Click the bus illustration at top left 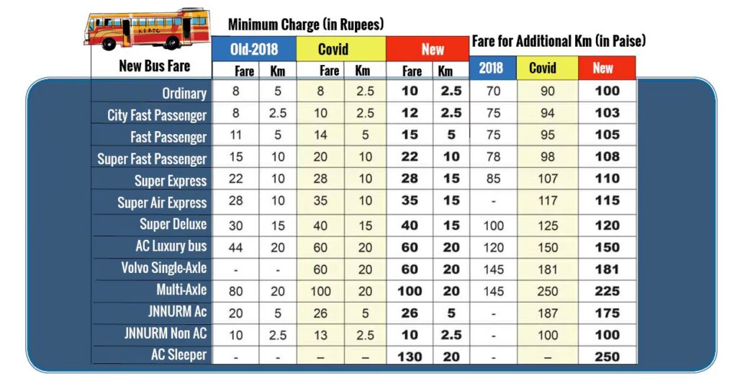(148, 30)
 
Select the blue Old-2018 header (253, 49)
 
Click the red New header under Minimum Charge (428, 49)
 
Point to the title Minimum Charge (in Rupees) (306, 24)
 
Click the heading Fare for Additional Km (559, 41)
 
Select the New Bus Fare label (154, 66)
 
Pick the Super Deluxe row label (173, 224)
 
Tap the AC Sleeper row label (178, 355)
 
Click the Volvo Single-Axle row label (164, 268)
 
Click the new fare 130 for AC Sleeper (410, 356)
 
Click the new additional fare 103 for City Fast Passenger (607, 114)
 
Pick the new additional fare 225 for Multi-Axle (607, 290)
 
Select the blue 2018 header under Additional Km (492, 68)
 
